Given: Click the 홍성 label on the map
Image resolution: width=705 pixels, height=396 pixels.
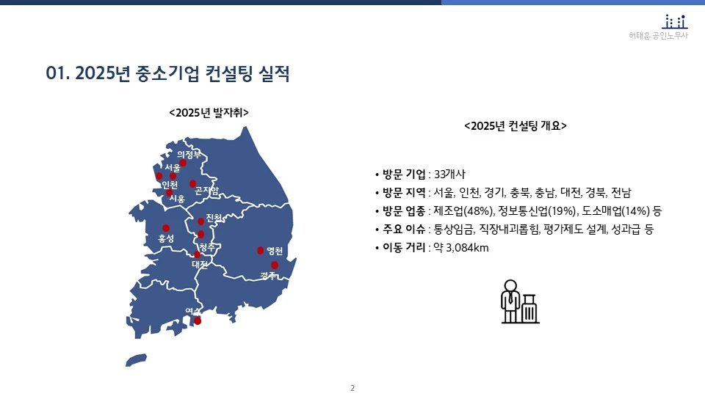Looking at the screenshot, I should [x=166, y=239].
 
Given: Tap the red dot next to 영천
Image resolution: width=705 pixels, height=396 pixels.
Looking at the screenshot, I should [x=260, y=250].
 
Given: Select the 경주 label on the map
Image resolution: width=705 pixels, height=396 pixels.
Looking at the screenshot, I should [x=268, y=276].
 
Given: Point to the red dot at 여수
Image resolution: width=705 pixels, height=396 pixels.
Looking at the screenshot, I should [x=198, y=320].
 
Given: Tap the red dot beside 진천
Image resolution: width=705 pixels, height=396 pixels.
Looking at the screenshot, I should [x=200, y=221].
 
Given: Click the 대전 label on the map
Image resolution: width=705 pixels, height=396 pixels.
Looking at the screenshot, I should [x=199, y=263].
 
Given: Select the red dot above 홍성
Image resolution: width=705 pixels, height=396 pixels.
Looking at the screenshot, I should [x=166, y=228].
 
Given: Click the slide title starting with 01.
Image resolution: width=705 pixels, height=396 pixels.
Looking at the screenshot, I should [x=168, y=74].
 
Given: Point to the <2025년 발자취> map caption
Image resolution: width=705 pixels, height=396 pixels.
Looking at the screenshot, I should [x=209, y=113].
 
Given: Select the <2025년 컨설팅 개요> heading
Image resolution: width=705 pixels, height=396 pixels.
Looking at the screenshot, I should [x=516, y=125].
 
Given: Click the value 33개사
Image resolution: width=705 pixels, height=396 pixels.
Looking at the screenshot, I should [x=450, y=175].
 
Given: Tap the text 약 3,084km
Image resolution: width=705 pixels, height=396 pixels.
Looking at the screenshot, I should [x=461, y=248].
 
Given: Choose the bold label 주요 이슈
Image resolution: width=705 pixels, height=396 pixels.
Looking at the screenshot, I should [x=404, y=230].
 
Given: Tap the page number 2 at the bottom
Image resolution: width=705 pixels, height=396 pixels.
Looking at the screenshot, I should [x=352, y=387].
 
